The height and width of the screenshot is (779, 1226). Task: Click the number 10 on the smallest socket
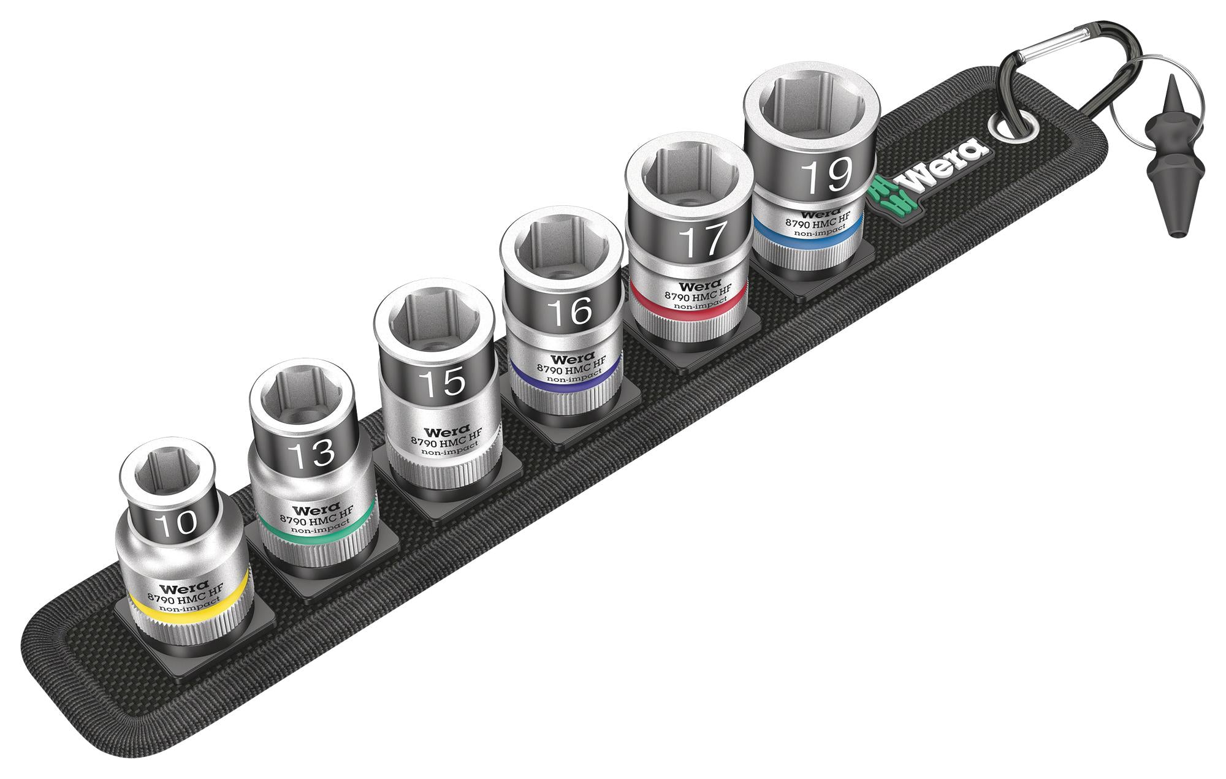pyautogui.click(x=176, y=523)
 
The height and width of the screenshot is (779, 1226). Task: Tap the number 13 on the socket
pyautogui.click(x=312, y=454)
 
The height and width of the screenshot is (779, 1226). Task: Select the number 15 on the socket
pyautogui.click(x=443, y=382)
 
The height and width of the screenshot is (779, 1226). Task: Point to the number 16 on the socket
pyautogui.click(x=570, y=311)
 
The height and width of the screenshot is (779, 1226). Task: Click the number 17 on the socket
pyautogui.click(x=704, y=241)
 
